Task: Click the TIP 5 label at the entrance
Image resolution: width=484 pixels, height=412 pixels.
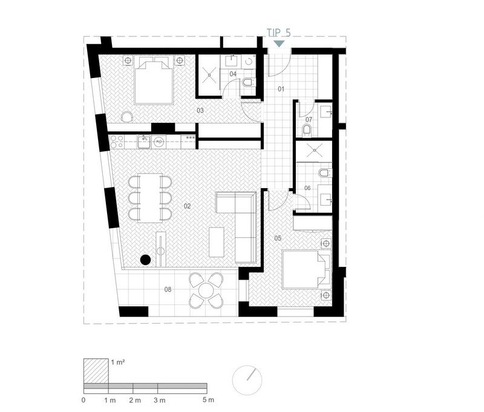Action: (279, 33)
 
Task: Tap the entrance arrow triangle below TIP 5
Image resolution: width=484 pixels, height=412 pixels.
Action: (280, 44)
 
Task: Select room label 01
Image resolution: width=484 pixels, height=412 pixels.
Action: (281, 89)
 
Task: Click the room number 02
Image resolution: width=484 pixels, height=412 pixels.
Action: (187, 206)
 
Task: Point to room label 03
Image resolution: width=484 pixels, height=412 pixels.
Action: (200, 111)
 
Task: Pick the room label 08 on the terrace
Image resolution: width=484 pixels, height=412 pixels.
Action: (168, 289)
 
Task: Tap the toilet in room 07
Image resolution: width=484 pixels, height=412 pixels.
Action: (307, 130)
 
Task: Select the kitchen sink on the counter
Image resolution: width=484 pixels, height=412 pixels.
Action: (144, 142)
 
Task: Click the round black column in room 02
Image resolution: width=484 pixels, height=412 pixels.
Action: (145, 260)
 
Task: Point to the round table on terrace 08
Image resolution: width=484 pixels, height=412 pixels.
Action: (206, 290)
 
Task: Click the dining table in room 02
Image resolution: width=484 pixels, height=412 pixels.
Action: (150, 198)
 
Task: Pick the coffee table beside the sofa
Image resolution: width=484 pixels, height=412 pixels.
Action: (217, 242)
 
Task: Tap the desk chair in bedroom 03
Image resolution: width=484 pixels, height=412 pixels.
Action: (128, 117)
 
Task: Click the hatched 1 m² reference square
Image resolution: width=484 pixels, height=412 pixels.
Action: (96, 371)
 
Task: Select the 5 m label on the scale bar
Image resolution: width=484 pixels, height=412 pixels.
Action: (208, 400)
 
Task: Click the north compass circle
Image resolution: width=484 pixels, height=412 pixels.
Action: (247, 380)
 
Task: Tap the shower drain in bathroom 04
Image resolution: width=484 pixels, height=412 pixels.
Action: (209, 74)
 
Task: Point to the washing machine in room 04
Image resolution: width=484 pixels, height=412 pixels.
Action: (249, 61)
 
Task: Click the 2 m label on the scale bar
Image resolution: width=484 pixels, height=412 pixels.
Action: (135, 401)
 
